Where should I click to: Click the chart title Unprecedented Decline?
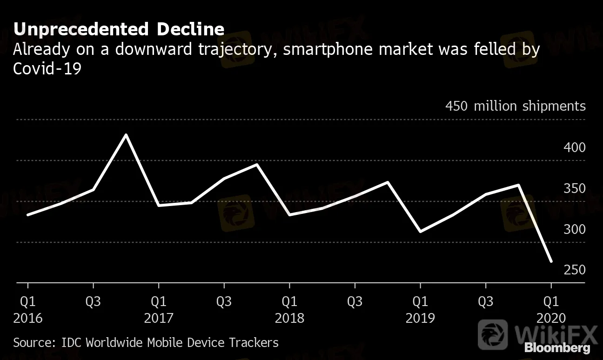click(119, 29)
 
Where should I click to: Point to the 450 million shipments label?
click(515, 106)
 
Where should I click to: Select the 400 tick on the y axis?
click(575, 147)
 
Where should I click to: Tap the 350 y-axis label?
click(575, 188)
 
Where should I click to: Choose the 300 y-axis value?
click(575, 229)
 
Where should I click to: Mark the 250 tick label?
click(575, 270)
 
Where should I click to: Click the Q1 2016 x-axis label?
click(28, 310)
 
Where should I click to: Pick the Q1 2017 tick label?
click(159, 310)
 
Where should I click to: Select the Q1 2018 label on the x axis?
click(289, 310)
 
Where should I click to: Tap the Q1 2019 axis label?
click(420, 310)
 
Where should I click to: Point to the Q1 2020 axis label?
click(551, 310)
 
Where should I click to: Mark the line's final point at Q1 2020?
click(551, 261)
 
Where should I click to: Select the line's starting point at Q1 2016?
click(28, 215)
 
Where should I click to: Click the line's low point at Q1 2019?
click(420, 231)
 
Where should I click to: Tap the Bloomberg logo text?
click(557, 347)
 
